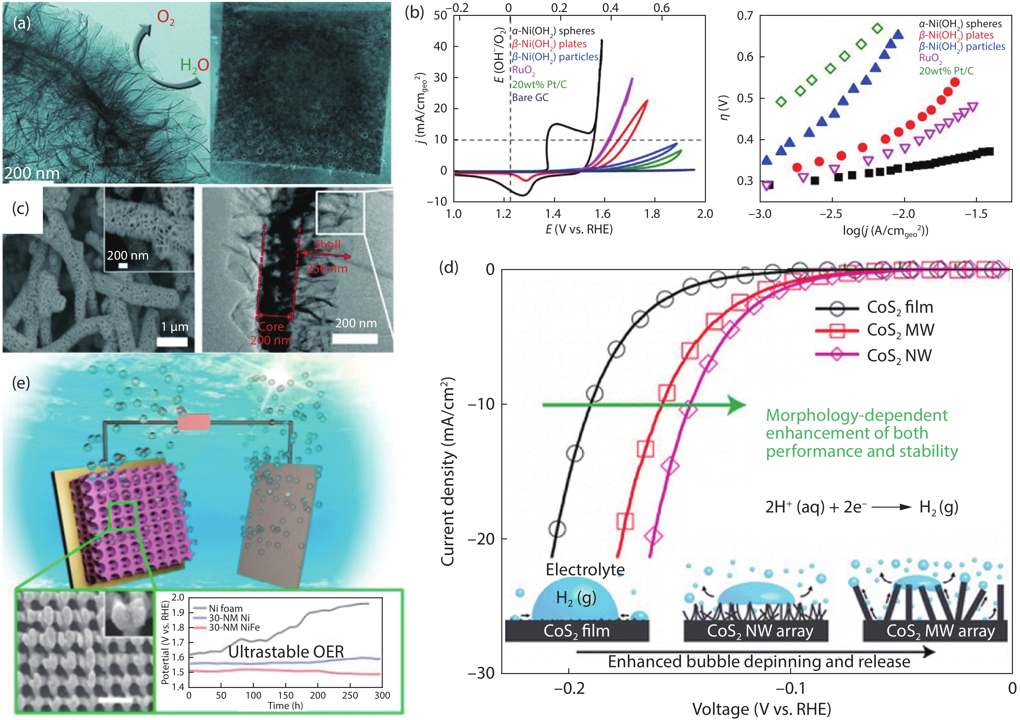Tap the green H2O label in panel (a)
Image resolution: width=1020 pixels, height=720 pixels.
click(194, 66)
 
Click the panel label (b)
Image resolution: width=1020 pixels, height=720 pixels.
click(414, 12)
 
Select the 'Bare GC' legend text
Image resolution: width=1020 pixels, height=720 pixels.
click(530, 98)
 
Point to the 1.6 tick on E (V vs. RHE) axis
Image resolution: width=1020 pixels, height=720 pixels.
click(602, 214)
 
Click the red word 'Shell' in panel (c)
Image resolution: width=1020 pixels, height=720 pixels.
click(327, 245)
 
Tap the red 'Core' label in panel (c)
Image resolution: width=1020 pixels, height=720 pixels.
click(271, 326)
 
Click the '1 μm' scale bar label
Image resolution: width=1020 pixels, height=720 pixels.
click(175, 327)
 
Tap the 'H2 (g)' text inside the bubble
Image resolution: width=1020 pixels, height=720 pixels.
click(576, 598)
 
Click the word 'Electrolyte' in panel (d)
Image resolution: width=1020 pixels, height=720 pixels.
click(584, 570)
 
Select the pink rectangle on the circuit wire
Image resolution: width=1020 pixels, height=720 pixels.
click(194, 422)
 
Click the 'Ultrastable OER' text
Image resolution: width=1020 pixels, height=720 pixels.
click(286, 652)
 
